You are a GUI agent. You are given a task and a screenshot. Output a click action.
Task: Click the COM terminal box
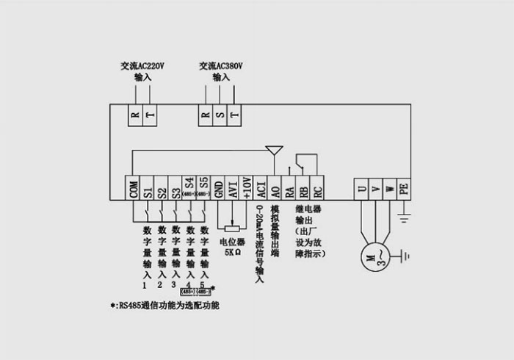click(x=134, y=187)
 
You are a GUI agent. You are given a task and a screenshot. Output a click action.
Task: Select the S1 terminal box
click(x=148, y=187)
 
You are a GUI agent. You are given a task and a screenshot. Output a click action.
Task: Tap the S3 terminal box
click(x=175, y=187)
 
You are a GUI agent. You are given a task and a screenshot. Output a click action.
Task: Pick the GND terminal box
click(x=219, y=187)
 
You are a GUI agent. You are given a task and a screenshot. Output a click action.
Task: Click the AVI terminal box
click(x=233, y=187)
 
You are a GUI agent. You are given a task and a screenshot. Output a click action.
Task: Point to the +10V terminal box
click(x=247, y=187)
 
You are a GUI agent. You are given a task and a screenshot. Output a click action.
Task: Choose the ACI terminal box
click(x=261, y=187)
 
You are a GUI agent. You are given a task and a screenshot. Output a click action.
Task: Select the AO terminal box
click(x=275, y=187)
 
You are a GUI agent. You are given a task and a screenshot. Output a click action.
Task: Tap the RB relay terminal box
click(x=303, y=187)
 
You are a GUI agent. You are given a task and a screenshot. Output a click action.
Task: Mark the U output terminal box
click(x=361, y=187)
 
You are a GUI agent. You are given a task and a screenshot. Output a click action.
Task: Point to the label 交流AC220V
click(x=142, y=66)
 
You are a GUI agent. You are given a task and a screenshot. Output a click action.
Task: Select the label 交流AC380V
click(x=221, y=66)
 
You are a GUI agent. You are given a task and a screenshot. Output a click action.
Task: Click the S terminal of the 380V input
click(x=220, y=115)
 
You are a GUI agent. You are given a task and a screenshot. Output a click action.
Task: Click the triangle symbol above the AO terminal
click(x=275, y=151)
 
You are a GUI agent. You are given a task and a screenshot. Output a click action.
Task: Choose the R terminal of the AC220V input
click(x=135, y=115)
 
